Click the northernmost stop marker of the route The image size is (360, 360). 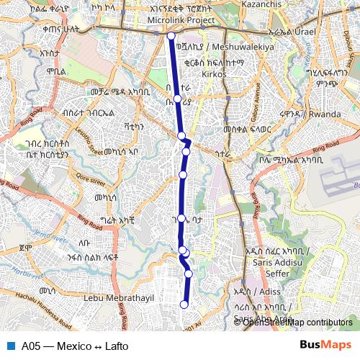171,35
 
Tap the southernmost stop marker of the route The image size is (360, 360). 184,305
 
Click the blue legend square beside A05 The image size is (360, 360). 9,346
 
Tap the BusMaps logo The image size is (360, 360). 325,346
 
